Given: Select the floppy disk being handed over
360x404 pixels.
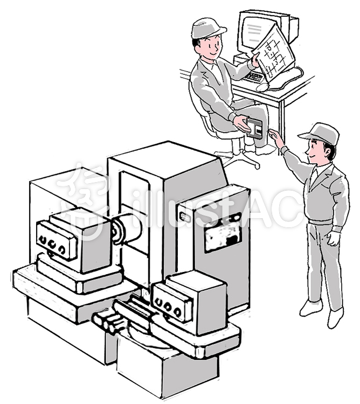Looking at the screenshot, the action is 254,128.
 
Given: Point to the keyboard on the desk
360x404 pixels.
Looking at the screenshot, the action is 255,76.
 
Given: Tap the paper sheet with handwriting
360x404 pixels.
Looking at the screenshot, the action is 274,52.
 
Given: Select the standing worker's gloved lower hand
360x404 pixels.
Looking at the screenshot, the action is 333,238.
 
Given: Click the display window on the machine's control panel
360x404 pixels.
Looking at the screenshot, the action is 223,236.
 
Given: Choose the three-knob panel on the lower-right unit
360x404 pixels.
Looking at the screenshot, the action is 172,304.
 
